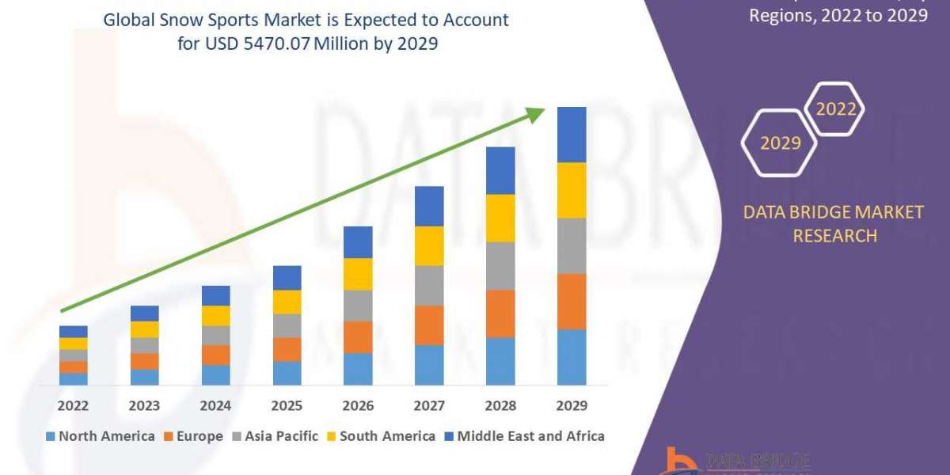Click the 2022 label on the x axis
pyautogui.click(x=73, y=406)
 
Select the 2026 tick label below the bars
pyautogui.click(x=358, y=406)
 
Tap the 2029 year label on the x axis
pyautogui.click(x=572, y=406)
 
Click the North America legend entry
pyautogui.click(x=101, y=436)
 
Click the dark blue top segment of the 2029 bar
pyautogui.click(x=572, y=135)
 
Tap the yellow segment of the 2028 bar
pyautogui.click(x=500, y=218)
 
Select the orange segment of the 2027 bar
pyautogui.click(x=429, y=325)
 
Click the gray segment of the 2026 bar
pyautogui.click(x=358, y=306)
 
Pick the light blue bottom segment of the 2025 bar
pyautogui.click(x=287, y=373)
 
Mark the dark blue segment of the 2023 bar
pyautogui.click(x=144, y=313)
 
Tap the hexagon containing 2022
pyautogui.click(x=835, y=109)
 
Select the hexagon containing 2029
pyautogui.click(x=780, y=143)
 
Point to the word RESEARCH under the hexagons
pyautogui.click(x=834, y=236)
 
